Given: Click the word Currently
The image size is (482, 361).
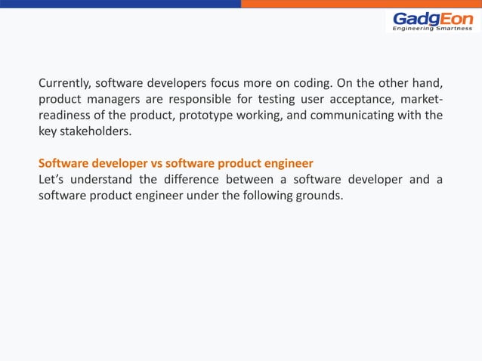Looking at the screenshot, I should pos(66,82).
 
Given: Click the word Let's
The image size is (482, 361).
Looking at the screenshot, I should pos(51,179).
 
